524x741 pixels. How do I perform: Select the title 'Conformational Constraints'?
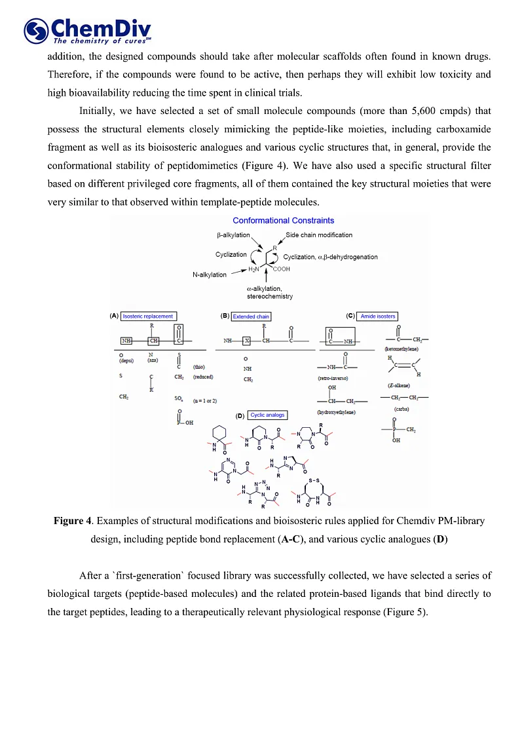283,221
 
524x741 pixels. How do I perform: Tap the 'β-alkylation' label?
233,235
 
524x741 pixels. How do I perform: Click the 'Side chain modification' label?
319,235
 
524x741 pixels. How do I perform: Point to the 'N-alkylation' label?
209,275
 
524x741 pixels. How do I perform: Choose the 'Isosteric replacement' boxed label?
148,316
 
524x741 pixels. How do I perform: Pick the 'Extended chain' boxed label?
251,316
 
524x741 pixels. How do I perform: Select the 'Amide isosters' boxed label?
378,316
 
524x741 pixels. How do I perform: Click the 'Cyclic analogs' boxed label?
267,415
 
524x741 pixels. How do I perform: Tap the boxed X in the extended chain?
246,341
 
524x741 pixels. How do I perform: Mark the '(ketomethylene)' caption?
402,349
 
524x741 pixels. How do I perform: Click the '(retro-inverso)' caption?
332,379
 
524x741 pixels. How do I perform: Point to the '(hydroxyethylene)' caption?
335,412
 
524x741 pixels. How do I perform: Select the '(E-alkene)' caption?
399,385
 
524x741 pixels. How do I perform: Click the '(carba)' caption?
402,409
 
